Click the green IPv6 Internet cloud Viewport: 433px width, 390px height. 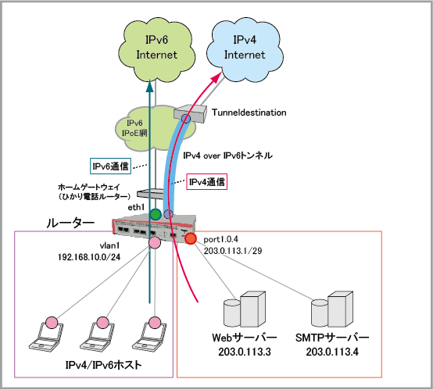point(156,49)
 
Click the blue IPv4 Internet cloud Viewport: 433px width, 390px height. point(245,49)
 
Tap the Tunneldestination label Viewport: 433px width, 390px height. point(249,113)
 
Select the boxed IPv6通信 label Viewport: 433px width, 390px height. point(110,166)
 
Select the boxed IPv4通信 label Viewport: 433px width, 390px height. point(207,182)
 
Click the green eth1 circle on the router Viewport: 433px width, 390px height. point(156,214)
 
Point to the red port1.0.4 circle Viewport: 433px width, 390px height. point(191,238)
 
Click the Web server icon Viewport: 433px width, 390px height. point(245,309)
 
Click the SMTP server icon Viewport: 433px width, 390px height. point(332,309)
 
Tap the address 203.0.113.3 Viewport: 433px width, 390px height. point(245,352)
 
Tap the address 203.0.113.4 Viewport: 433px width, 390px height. point(332,352)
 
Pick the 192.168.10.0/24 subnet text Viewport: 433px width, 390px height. point(89,257)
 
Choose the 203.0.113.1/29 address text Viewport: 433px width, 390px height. point(233,251)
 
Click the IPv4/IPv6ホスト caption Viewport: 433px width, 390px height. point(103,365)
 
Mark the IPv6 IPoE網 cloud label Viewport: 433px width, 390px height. point(134,128)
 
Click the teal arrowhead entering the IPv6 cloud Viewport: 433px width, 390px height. point(149,86)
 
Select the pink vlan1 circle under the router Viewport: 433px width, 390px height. point(155,242)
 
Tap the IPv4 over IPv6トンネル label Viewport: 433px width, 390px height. point(227,156)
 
